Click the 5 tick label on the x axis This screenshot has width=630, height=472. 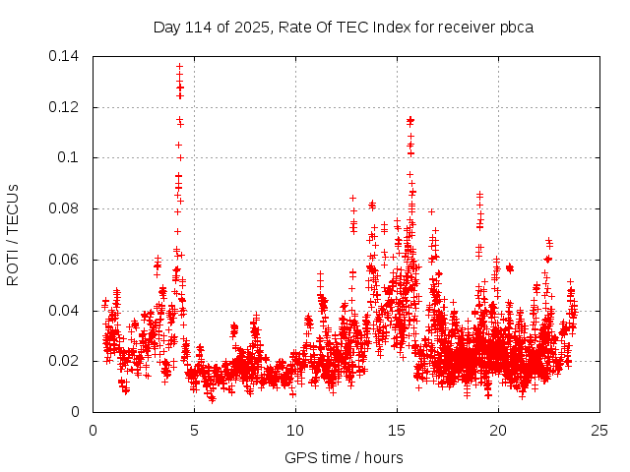[x=194, y=430]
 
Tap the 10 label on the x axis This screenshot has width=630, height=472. [x=295, y=430]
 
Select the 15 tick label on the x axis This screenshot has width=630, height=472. [x=397, y=430]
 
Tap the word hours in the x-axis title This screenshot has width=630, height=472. [x=382, y=457]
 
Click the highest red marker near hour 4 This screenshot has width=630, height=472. [x=179, y=67]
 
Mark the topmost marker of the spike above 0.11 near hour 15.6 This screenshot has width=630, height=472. [x=409, y=119]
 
